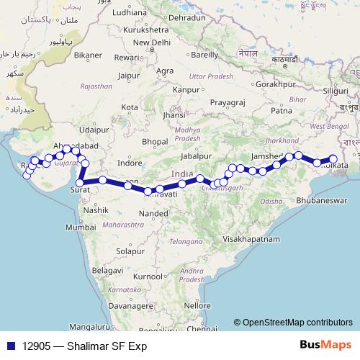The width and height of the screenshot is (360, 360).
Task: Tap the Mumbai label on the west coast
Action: [x=80, y=227]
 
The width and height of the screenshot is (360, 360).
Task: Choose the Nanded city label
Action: [x=154, y=214]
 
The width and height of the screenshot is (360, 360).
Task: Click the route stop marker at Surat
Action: [x=80, y=174]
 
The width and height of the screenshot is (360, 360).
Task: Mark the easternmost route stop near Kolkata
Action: [x=333, y=159]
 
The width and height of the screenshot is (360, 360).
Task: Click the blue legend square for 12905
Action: [x=10, y=346]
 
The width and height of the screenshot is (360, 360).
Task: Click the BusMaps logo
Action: [x=322, y=346]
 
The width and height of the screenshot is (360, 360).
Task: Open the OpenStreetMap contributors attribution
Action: [x=296, y=323]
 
